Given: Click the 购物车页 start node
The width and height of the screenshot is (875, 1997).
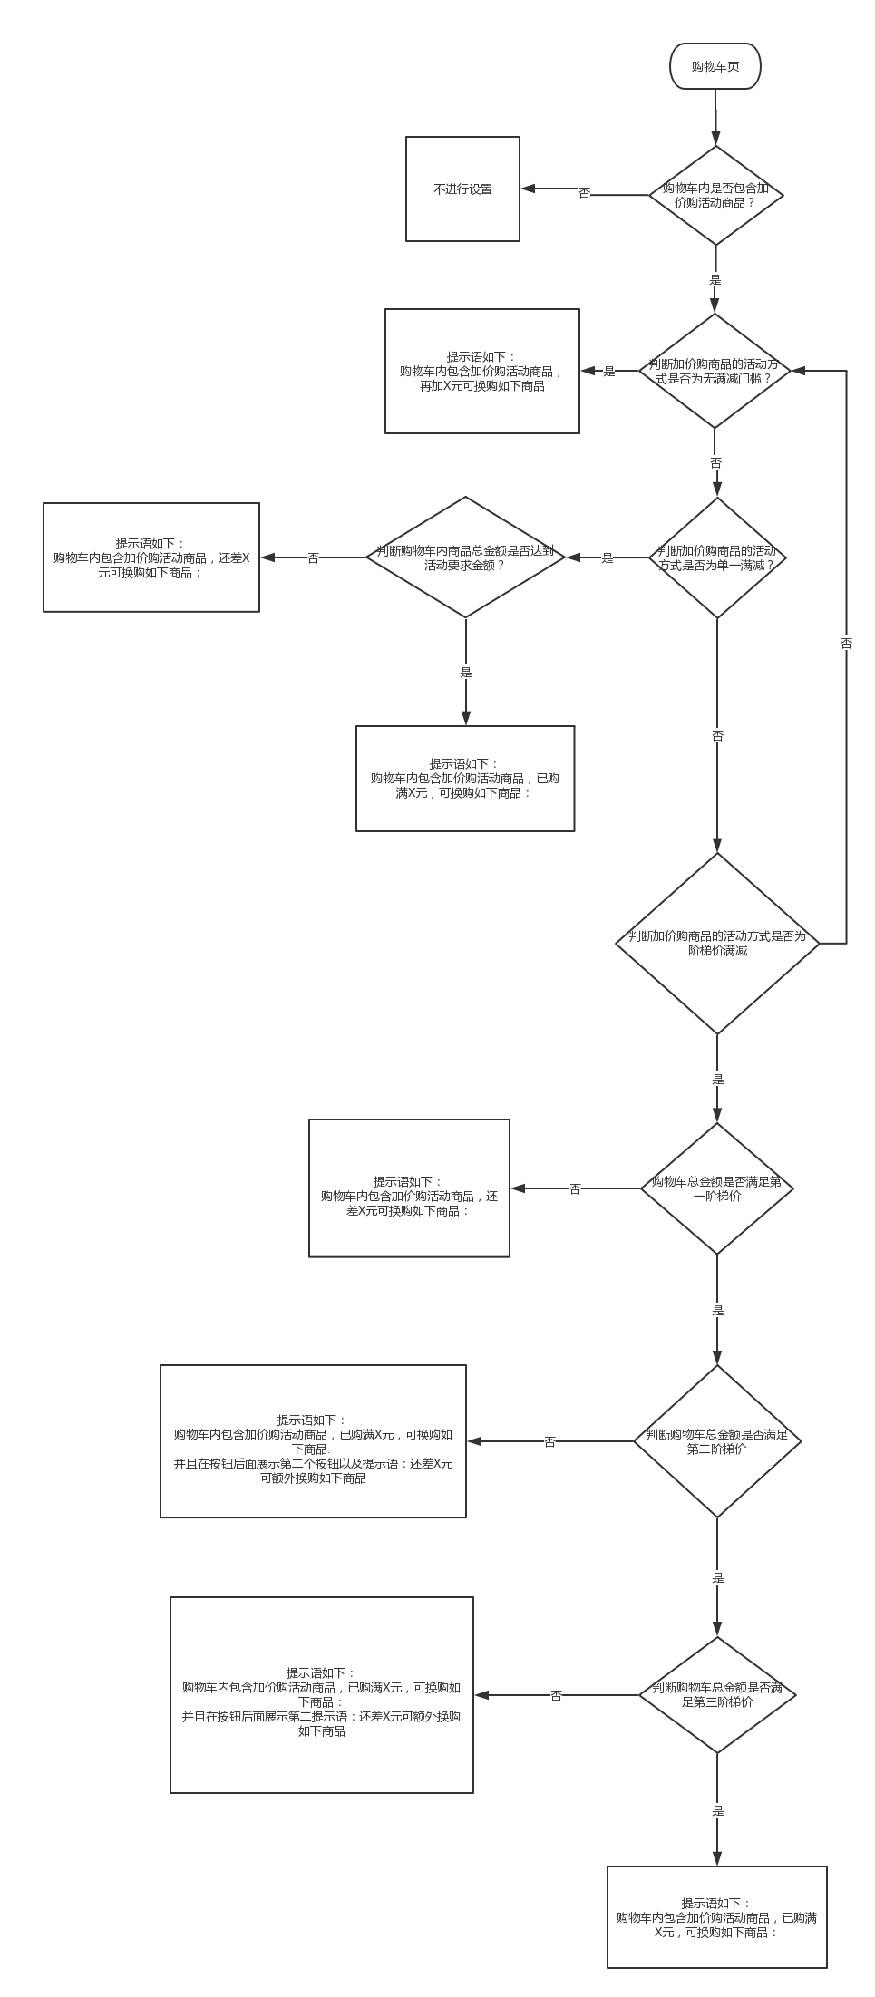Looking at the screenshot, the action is pos(715,66).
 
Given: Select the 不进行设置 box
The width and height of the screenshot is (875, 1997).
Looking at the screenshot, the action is pos(462,189).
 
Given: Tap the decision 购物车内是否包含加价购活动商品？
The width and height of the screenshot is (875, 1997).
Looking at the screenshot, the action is pos(715,195).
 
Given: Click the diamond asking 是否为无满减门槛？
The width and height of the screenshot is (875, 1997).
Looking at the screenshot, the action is pos(715,371).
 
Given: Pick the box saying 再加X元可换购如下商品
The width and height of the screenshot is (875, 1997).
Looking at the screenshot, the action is pos(482,371).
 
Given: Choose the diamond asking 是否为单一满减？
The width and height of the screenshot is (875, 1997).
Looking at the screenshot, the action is pos(717,557).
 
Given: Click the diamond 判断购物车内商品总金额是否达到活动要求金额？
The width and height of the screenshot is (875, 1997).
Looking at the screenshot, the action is pos(465,557).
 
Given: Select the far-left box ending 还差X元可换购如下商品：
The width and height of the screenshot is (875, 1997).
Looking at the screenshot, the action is pos(151,557).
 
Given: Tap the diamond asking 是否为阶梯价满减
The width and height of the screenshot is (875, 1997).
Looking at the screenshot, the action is pos(717,944).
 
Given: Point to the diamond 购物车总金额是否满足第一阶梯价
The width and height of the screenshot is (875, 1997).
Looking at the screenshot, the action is pos(717,1188).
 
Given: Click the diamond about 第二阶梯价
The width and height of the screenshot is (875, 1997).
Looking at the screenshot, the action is pos(717,1441).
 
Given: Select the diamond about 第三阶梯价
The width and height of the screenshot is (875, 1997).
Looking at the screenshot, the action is pos(717,1694).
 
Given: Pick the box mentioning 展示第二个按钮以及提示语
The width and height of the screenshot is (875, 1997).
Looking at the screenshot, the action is pos(313,1441).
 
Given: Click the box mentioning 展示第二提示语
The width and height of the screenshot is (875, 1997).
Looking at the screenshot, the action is pos(322,1695).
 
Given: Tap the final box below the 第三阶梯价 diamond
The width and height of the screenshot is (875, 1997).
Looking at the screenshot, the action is pos(717,1917).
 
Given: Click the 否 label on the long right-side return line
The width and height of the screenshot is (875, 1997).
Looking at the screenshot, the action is pos(846,643).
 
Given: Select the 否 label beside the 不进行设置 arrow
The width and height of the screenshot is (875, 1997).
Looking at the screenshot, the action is pos(584,193).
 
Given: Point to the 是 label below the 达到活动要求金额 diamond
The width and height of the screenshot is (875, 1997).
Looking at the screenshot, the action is pos(466,673).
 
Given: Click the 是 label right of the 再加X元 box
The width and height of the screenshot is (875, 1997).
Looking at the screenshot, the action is pos(609,371).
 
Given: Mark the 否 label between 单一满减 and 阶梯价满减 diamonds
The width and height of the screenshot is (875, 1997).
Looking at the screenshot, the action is pos(717,736).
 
